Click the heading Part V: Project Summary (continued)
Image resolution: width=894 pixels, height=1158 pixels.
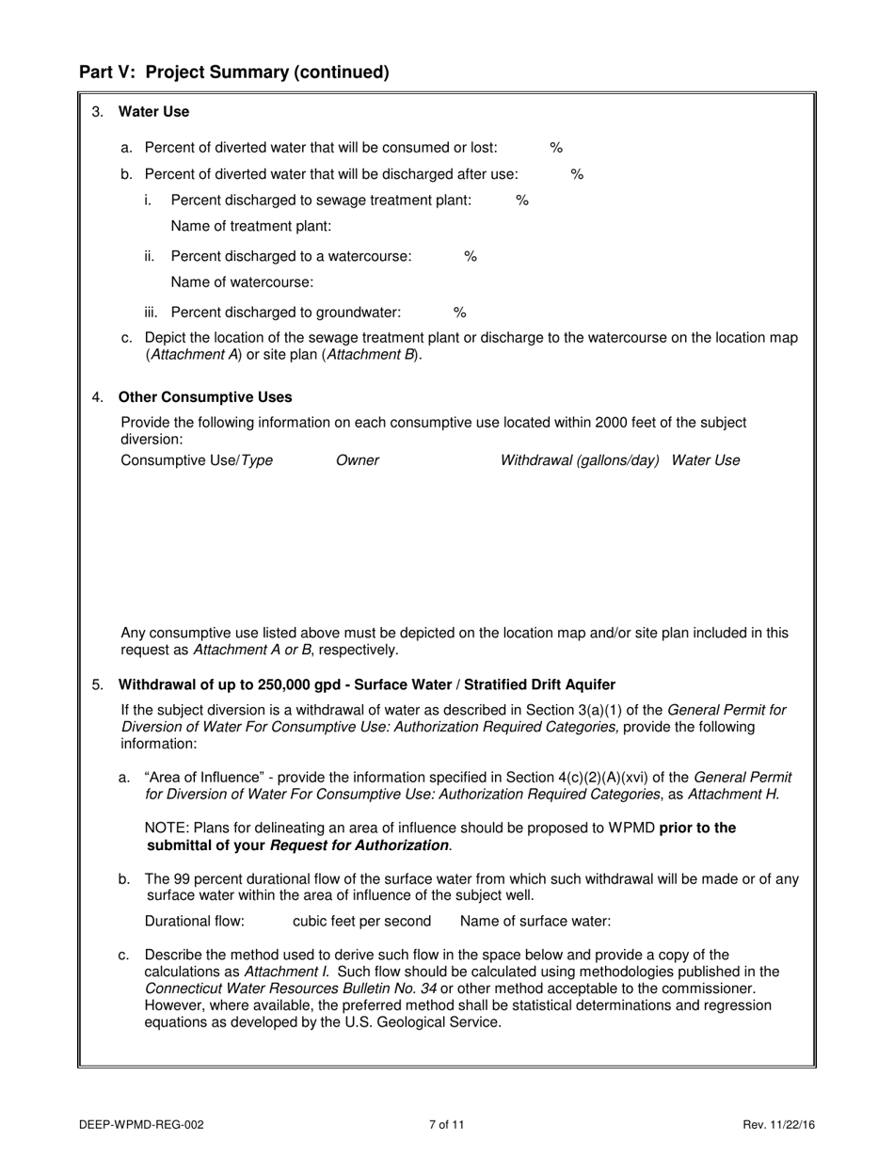click(x=233, y=72)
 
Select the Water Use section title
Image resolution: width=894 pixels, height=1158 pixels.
click(x=153, y=112)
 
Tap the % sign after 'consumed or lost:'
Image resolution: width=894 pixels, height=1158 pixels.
click(x=556, y=148)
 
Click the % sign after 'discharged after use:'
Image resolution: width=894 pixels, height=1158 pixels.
click(x=578, y=174)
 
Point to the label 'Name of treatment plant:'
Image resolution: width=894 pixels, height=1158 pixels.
click(x=251, y=227)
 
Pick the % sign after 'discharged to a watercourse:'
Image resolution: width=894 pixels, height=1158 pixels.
click(x=471, y=256)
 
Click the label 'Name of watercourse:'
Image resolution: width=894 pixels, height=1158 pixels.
click(x=242, y=282)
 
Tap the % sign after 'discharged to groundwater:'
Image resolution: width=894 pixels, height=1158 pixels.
click(x=460, y=313)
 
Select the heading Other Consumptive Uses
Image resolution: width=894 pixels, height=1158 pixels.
click(x=205, y=397)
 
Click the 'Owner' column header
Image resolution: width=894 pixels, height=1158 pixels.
click(x=358, y=460)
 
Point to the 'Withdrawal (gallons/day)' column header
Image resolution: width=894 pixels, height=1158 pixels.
click(x=580, y=460)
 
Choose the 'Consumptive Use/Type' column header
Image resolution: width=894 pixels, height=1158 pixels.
click(x=197, y=460)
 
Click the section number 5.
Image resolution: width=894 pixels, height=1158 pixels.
click(x=98, y=684)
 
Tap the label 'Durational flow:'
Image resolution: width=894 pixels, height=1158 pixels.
click(x=195, y=922)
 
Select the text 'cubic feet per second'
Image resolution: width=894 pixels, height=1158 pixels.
click(x=361, y=922)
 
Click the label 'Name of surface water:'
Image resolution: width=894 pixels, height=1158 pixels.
click(x=535, y=922)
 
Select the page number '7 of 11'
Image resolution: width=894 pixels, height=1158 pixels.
click(x=447, y=1124)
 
